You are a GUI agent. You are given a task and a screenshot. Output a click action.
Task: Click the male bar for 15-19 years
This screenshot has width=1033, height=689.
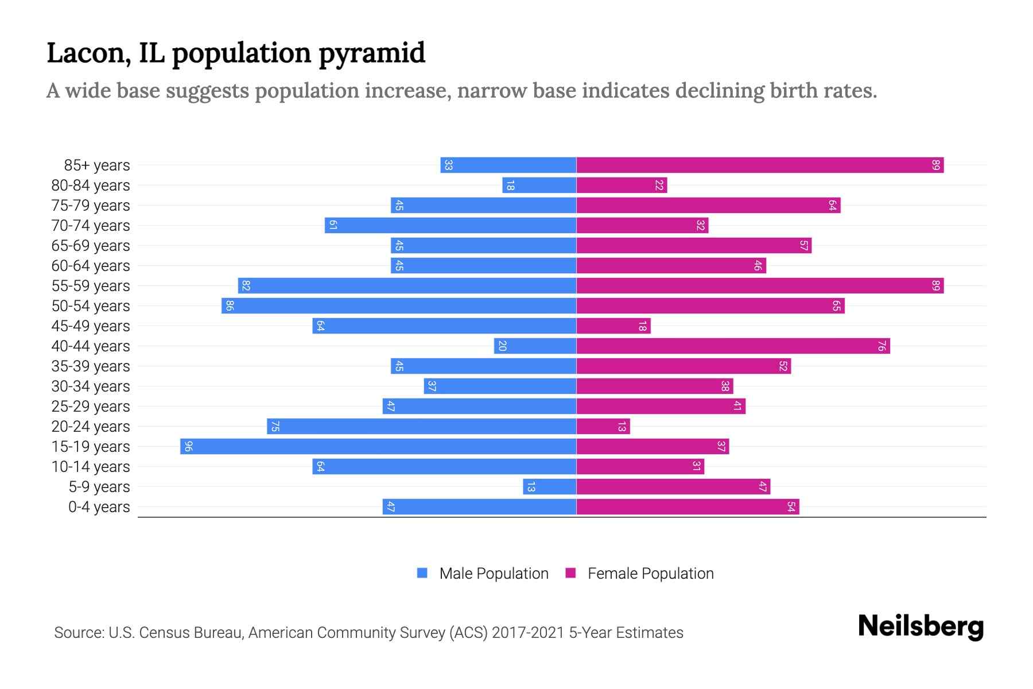pos(378,446)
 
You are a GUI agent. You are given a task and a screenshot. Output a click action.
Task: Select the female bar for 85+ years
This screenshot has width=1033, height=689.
pos(760,165)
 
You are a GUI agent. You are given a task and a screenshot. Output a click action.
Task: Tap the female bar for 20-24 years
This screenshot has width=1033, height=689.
pos(603,426)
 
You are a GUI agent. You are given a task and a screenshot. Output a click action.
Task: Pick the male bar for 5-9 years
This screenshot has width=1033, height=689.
pos(549,486)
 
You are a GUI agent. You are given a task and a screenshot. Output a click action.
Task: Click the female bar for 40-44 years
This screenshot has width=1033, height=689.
pos(733,346)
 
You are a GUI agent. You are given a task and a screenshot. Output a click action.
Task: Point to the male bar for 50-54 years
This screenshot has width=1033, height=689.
pos(399,305)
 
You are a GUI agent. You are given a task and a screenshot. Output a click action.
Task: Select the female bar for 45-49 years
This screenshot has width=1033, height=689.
pos(613,326)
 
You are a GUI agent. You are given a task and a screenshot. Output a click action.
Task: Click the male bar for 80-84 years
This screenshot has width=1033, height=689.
pos(539,185)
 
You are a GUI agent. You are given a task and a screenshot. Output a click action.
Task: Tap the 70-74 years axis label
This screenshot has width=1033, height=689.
pos(91,226)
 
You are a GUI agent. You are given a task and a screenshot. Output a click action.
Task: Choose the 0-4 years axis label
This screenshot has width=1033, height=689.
pos(99,507)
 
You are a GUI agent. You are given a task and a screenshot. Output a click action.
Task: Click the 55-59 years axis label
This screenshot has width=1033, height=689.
pos(91,286)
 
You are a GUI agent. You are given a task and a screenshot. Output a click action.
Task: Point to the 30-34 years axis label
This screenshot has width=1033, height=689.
pos(91,386)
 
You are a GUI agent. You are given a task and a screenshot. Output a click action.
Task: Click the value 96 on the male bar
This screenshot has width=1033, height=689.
pos(188,446)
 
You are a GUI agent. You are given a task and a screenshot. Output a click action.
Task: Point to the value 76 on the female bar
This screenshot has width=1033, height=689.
pos(881,346)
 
